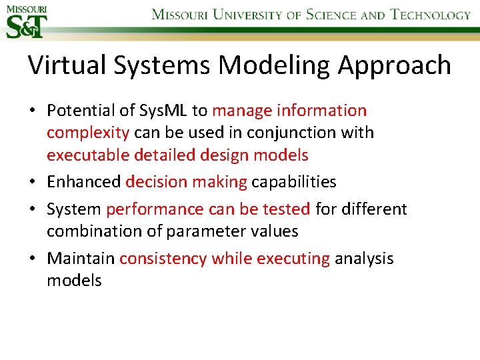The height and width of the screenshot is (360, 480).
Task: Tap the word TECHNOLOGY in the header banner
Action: click(x=430, y=14)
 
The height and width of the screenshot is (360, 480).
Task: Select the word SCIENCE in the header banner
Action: click(x=331, y=14)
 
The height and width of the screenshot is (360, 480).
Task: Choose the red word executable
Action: click(x=89, y=155)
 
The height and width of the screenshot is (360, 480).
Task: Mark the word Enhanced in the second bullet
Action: click(x=83, y=181)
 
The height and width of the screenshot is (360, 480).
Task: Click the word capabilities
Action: click(x=293, y=182)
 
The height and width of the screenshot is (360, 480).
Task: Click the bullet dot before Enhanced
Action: click(x=33, y=182)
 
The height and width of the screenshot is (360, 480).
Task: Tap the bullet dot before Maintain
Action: click(x=33, y=259)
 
